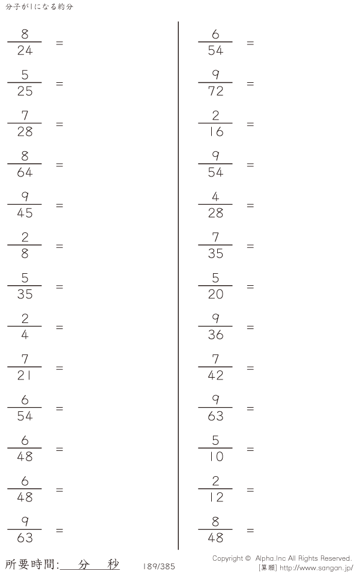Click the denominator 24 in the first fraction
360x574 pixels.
click(x=25, y=50)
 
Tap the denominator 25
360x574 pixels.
click(x=25, y=91)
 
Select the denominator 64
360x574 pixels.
click(x=25, y=172)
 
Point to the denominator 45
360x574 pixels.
click(x=25, y=213)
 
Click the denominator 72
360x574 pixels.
click(x=215, y=91)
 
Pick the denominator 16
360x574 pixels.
click(x=215, y=131)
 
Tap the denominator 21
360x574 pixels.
click(x=24, y=376)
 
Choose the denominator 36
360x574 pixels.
click(x=215, y=335)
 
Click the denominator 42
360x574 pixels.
click(x=215, y=376)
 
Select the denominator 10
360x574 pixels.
click(x=215, y=457)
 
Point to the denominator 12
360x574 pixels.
click(x=215, y=498)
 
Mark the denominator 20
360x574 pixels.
click(x=215, y=294)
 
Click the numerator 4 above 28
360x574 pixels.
click(x=215, y=197)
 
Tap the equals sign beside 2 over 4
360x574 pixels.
click(x=59, y=328)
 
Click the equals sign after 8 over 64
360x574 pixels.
click(x=59, y=165)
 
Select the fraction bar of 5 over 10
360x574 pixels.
click(x=215, y=448)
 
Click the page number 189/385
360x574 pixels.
click(x=159, y=566)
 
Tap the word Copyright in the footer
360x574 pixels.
click(x=227, y=558)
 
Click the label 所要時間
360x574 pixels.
click(x=31, y=564)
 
